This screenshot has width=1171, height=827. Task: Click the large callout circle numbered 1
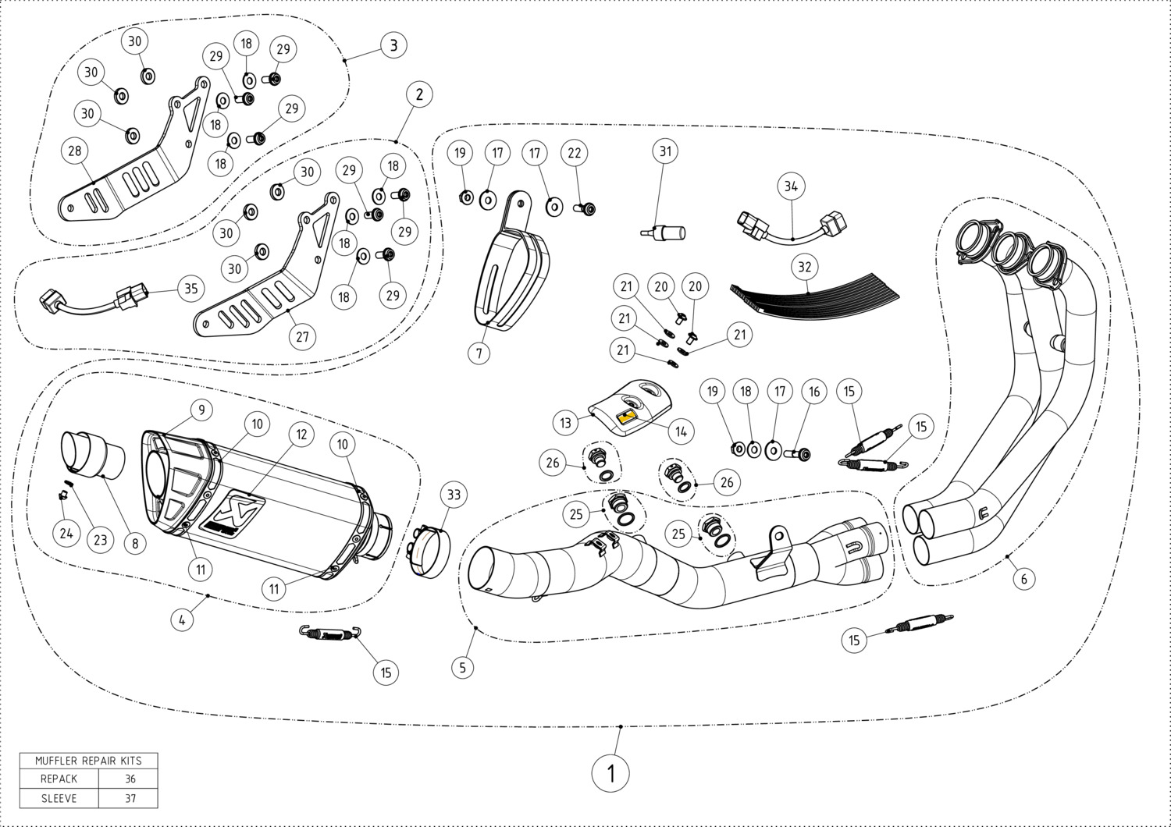610,773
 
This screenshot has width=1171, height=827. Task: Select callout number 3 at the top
393,45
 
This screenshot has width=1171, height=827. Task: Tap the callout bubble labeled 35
190,288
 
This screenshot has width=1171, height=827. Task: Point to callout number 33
454,495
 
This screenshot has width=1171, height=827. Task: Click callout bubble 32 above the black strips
805,267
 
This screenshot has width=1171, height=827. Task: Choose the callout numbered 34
792,186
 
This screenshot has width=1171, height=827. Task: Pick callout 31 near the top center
665,151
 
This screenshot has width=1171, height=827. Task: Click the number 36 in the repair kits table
130,779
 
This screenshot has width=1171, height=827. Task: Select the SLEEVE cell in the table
59,798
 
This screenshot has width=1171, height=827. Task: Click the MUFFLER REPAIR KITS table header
88,760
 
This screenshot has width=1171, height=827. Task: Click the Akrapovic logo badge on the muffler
231,514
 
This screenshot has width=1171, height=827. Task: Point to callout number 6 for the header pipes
1023,578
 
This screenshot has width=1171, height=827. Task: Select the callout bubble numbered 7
479,353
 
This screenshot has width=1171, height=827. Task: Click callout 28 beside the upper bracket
75,151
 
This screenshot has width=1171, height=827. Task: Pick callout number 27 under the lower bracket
302,337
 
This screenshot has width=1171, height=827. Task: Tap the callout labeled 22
575,153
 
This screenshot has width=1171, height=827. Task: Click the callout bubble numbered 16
814,392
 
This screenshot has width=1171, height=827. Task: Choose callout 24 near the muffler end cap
66,533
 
